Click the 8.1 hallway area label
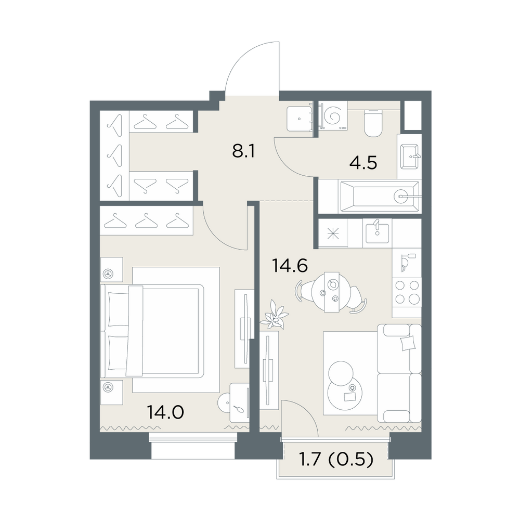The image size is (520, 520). pos(243,151)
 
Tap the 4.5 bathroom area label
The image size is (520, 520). pos(364,163)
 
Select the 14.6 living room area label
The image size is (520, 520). pos(290,266)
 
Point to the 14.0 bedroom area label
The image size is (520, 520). pos(165,412)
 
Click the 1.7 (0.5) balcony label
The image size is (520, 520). pos(336,460)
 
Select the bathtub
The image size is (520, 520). pos(380,197)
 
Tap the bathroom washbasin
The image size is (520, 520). pos(410,157)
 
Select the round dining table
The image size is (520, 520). pos(331,292)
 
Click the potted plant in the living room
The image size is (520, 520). pos(274,315)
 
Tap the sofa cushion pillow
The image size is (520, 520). pos(408,343)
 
